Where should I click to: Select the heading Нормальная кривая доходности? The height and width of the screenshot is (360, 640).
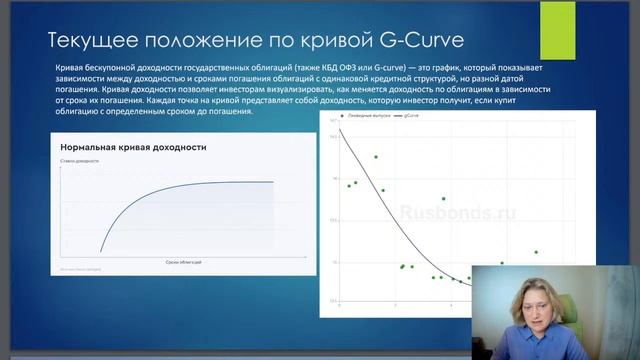coord(133,147)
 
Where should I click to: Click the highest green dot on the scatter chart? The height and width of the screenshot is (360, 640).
coord(376,157)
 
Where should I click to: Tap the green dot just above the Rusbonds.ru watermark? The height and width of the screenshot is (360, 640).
coord(444,199)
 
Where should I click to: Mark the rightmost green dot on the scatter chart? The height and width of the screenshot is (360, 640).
coord(536,252)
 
